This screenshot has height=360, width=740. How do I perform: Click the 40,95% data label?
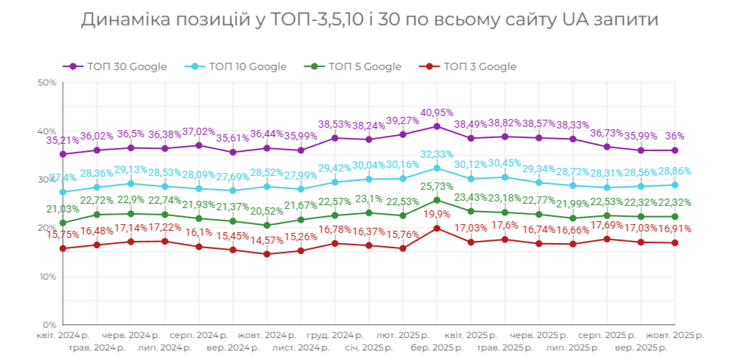(436, 113)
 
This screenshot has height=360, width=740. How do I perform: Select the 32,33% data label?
(436, 154)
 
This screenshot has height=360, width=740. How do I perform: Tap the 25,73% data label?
(436, 186)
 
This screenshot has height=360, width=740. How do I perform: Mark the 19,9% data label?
(436, 214)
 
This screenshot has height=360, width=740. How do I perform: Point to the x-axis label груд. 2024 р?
(334, 335)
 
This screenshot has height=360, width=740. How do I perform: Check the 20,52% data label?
(266, 212)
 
